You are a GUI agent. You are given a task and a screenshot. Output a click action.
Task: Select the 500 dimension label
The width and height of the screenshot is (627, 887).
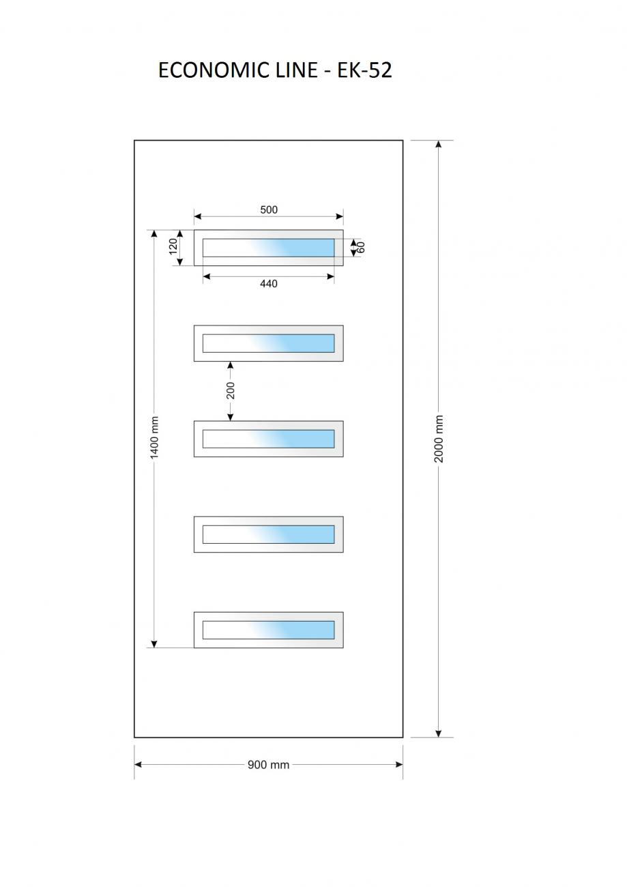(269, 209)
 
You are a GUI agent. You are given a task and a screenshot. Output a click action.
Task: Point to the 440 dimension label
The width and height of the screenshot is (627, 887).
(269, 284)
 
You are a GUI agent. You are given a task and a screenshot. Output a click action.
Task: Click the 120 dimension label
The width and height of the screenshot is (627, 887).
(173, 246)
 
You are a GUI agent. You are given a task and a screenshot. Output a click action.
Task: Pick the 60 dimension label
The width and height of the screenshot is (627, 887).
(361, 247)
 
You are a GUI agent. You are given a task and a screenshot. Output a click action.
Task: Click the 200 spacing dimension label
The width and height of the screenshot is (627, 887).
(231, 390)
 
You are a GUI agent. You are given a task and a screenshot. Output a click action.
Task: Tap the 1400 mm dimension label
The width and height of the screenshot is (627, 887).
(154, 437)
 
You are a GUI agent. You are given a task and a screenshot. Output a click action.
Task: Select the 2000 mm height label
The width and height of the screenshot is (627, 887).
(439, 439)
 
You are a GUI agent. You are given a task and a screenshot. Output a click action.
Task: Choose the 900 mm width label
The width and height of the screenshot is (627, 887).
(268, 765)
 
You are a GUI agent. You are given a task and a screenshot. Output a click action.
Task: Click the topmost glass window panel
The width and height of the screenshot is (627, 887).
(268, 248)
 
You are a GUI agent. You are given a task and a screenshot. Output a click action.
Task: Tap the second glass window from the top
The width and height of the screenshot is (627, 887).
(268, 343)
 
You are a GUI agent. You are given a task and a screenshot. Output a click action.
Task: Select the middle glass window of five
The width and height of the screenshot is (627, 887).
(268, 439)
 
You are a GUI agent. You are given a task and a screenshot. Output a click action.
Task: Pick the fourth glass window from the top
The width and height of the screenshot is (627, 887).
(268, 534)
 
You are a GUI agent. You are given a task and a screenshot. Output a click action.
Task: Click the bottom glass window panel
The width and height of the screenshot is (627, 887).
(268, 630)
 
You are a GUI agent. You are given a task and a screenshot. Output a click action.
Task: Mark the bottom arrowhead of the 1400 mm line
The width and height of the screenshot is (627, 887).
(154, 643)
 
